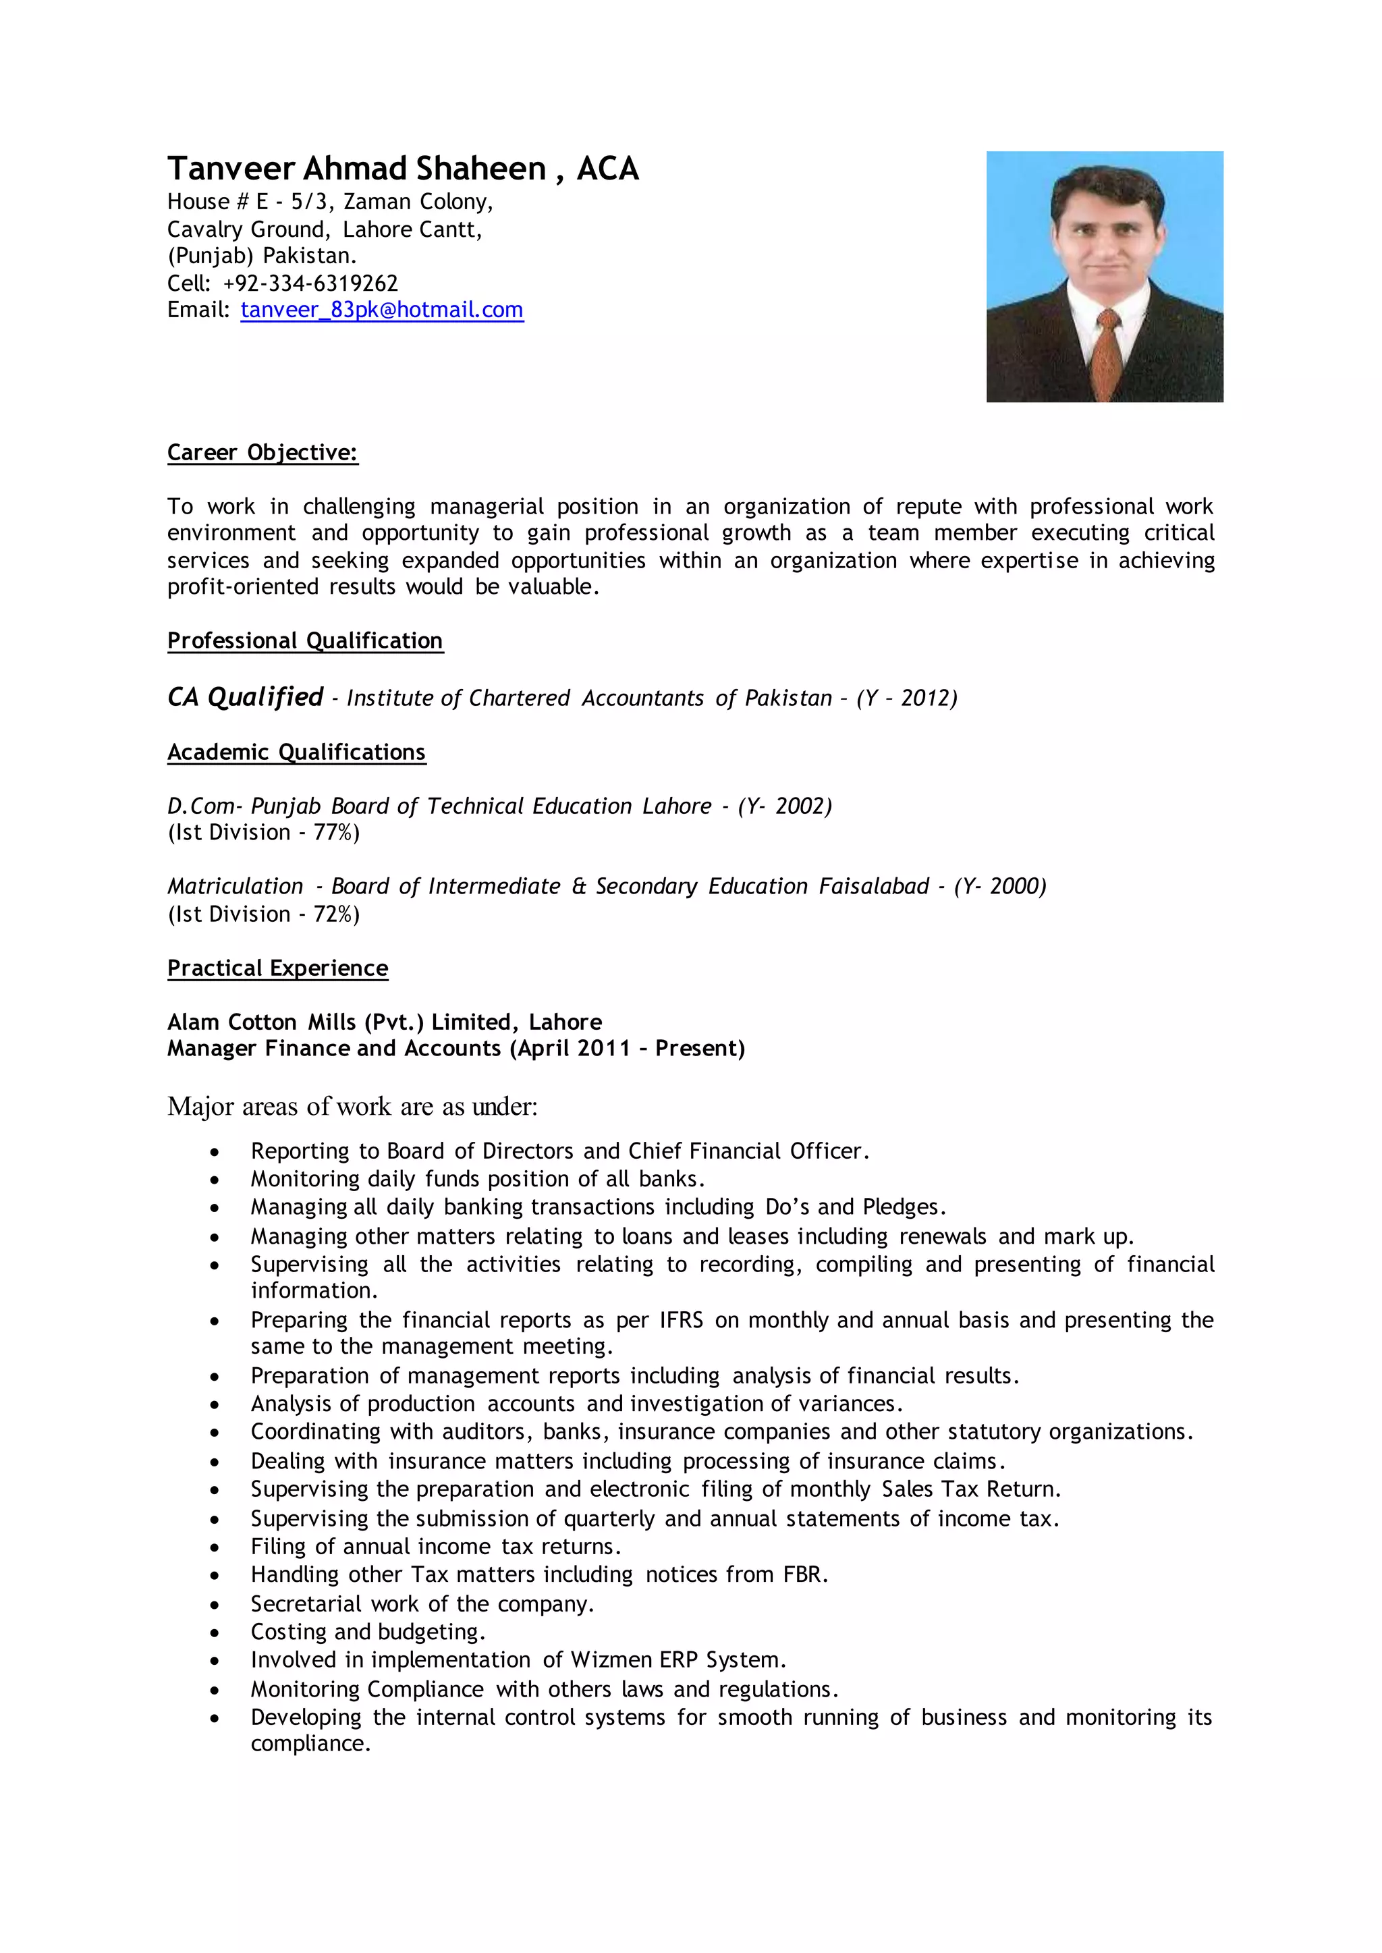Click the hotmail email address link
pos(381,310)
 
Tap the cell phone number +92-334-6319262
pos(310,283)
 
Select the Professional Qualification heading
pos(304,641)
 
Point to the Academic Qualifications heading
pos(296,752)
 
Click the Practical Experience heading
pos(277,968)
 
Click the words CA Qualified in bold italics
pos(245,697)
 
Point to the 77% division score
pos(333,832)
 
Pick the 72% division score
pos(333,914)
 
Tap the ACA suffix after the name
pos(607,169)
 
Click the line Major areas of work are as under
pos(352,1106)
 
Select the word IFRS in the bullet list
pos(681,1320)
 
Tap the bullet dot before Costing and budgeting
pos(215,1633)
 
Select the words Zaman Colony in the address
pos(415,202)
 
